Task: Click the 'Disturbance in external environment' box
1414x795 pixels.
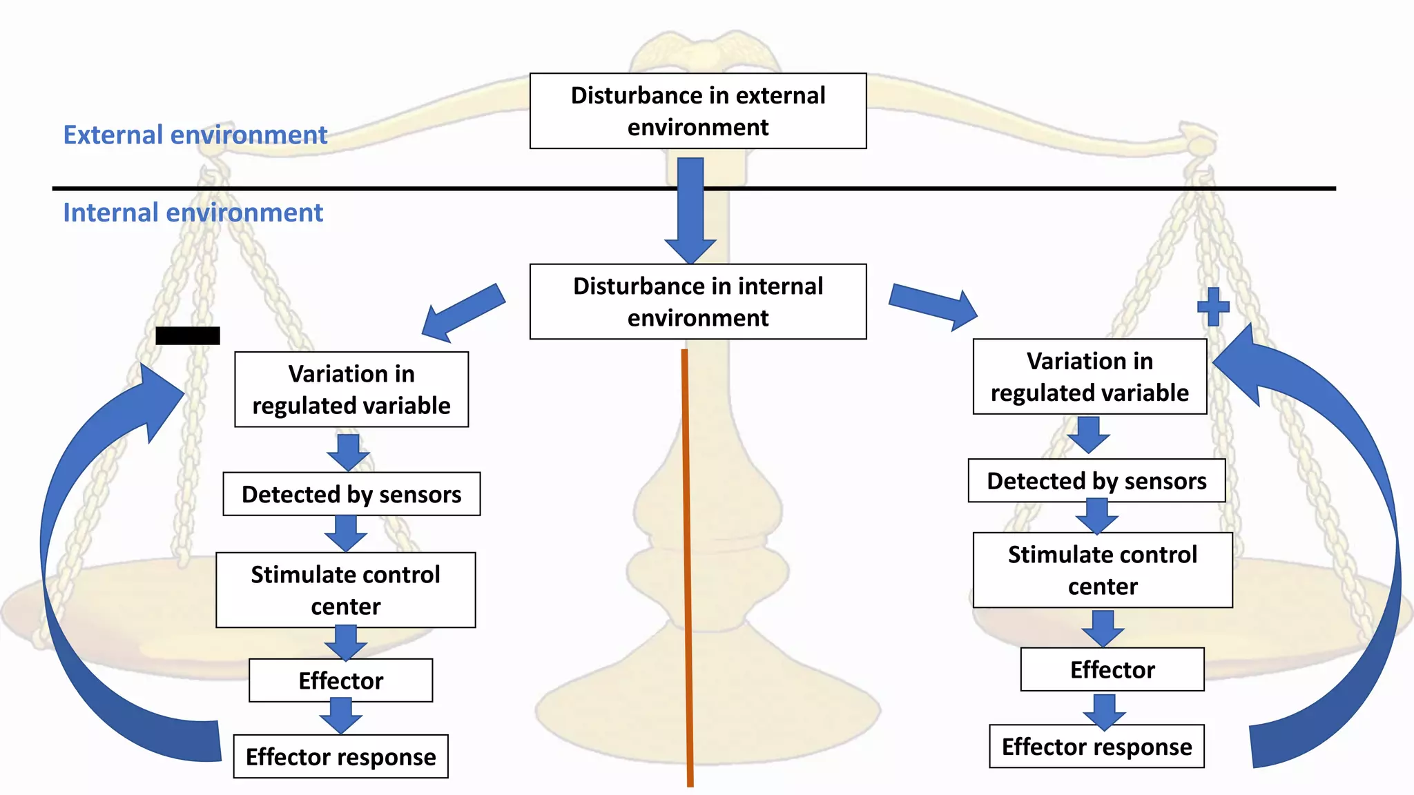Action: pyautogui.click(x=698, y=111)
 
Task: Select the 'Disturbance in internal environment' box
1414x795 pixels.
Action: pyautogui.click(x=698, y=302)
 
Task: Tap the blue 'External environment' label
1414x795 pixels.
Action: pyautogui.click(x=195, y=135)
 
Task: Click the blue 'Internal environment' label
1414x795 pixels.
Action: pyautogui.click(x=193, y=213)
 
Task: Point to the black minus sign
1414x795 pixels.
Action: pyautogui.click(x=188, y=335)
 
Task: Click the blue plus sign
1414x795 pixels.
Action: pyautogui.click(x=1213, y=306)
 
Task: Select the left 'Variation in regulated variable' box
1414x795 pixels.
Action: pyautogui.click(x=351, y=390)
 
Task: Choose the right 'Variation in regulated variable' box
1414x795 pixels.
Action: pyautogui.click(x=1089, y=377)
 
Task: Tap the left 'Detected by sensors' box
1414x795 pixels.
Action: pyautogui.click(x=351, y=494)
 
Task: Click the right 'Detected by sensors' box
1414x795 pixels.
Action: pyautogui.click(x=1096, y=481)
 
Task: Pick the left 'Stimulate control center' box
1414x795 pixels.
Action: pyautogui.click(x=345, y=590)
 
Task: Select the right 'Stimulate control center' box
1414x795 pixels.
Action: pyautogui.click(x=1103, y=570)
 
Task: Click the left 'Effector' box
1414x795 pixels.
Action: pyautogui.click(x=340, y=680)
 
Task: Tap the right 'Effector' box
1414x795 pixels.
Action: pyautogui.click(x=1112, y=669)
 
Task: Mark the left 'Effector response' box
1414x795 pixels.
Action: pyautogui.click(x=340, y=756)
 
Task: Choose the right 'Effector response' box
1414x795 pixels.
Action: pyautogui.click(x=1096, y=746)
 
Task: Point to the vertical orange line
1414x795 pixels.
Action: pyautogui.click(x=687, y=566)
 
